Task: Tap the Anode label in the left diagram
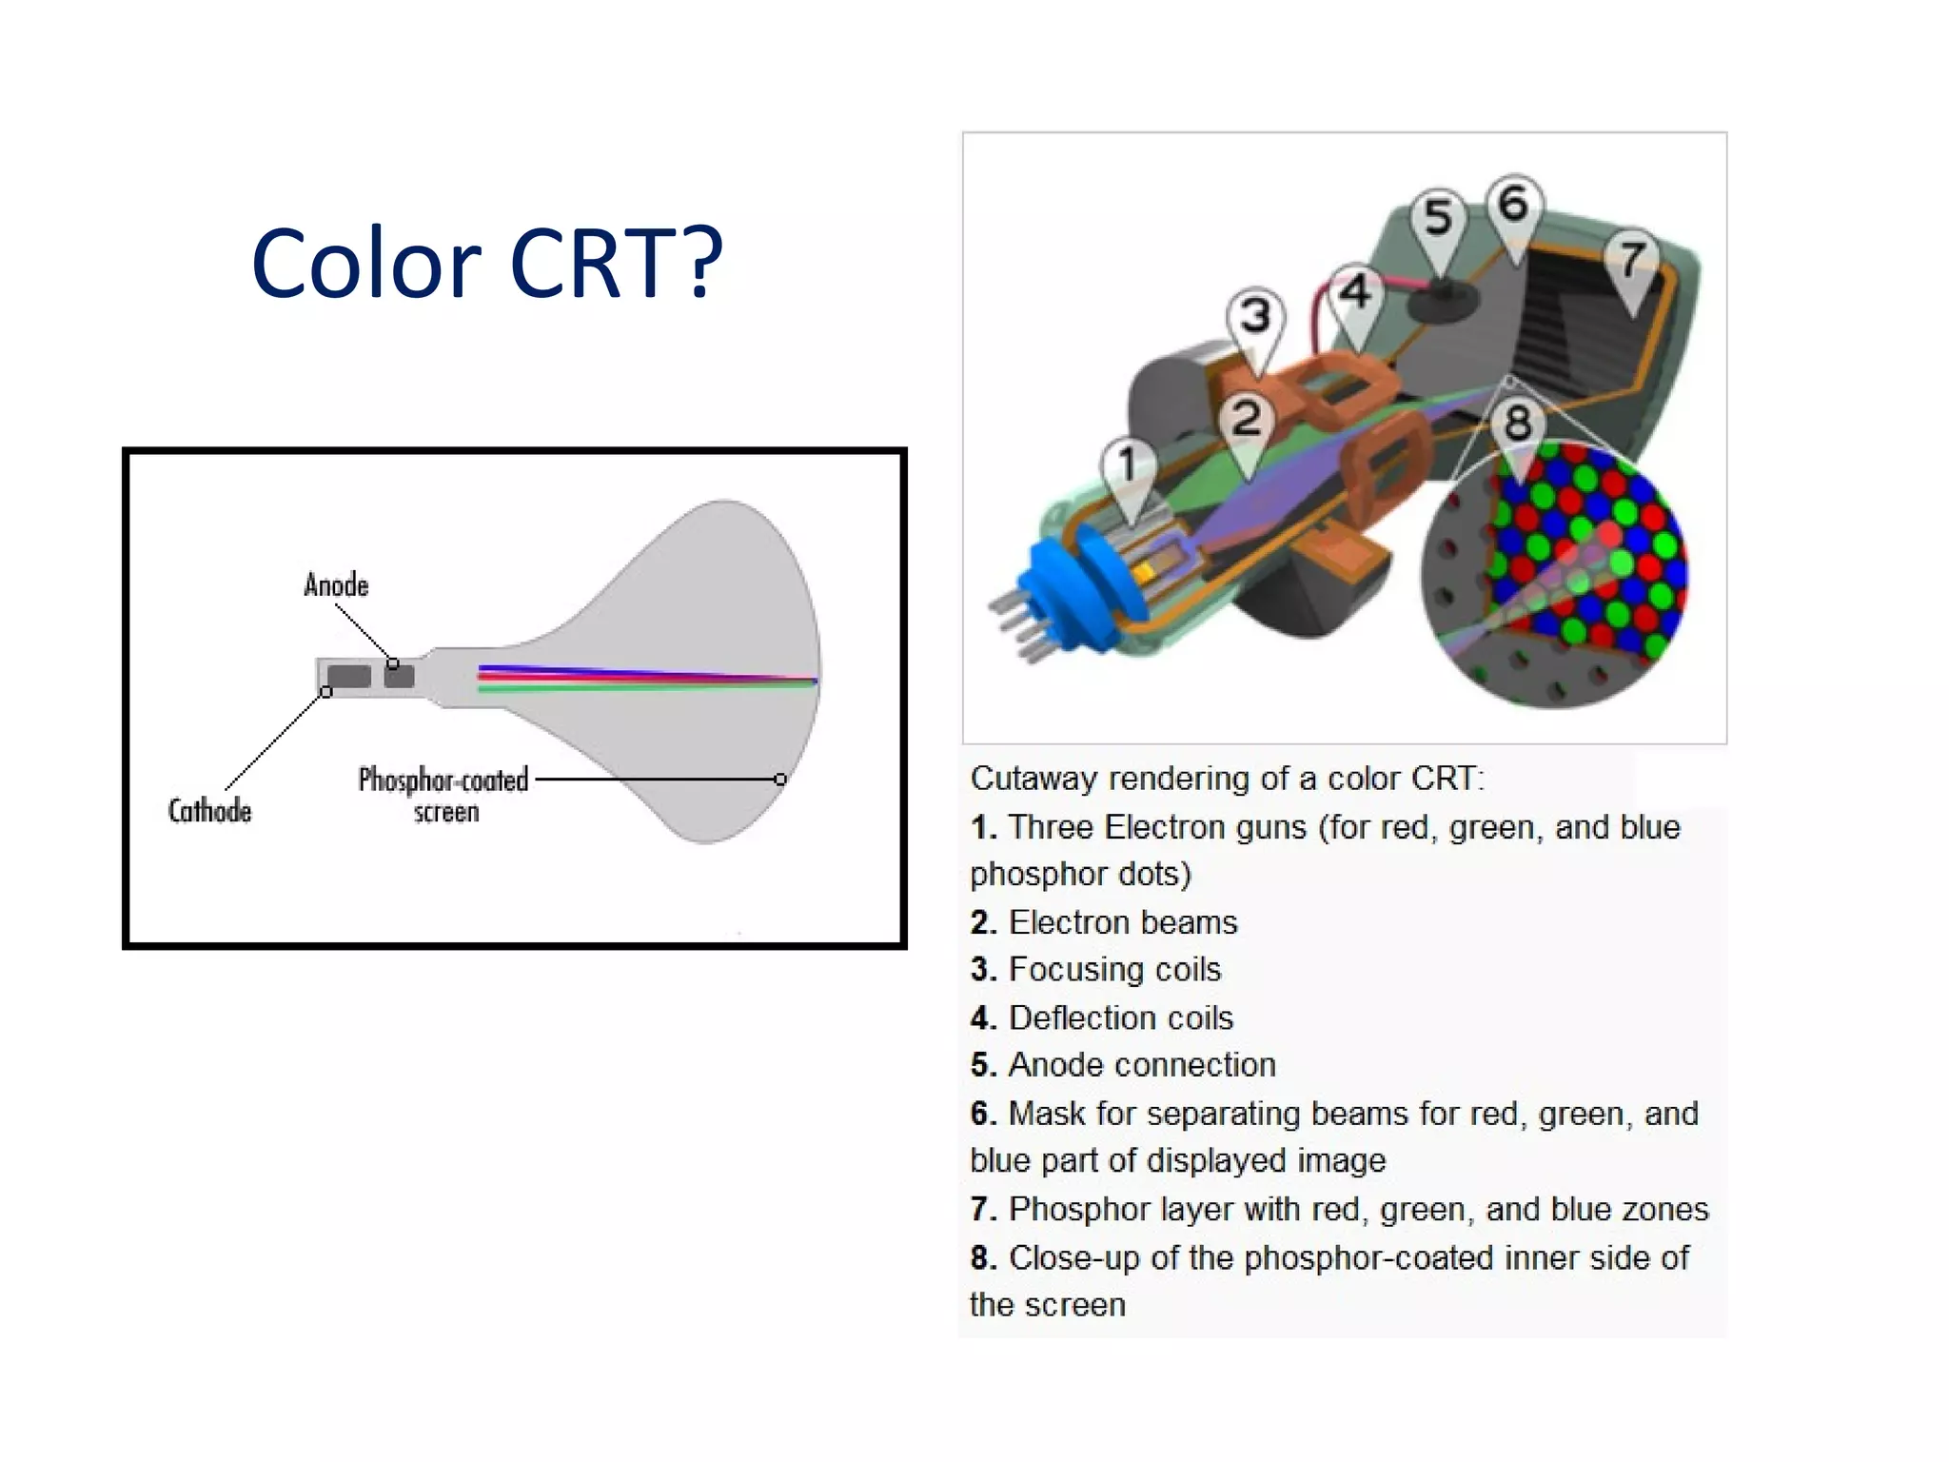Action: (x=336, y=584)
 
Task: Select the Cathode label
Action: (x=210, y=811)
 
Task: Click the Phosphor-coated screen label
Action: (x=443, y=794)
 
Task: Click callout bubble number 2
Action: (x=1247, y=419)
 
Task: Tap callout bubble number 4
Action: (x=1355, y=291)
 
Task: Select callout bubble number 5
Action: (x=1438, y=218)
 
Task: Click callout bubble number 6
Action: (x=1513, y=204)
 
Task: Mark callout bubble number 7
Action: (x=1632, y=258)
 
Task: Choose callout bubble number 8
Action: (x=1518, y=423)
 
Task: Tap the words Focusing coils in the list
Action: (x=1114, y=969)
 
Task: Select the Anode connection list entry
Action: (x=1141, y=1064)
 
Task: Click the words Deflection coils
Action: (x=1120, y=1017)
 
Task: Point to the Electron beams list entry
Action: (x=1122, y=921)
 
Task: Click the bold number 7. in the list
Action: (x=983, y=1209)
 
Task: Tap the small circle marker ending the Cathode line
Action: (x=326, y=692)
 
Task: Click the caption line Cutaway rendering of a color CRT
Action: (x=1227, y=779)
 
